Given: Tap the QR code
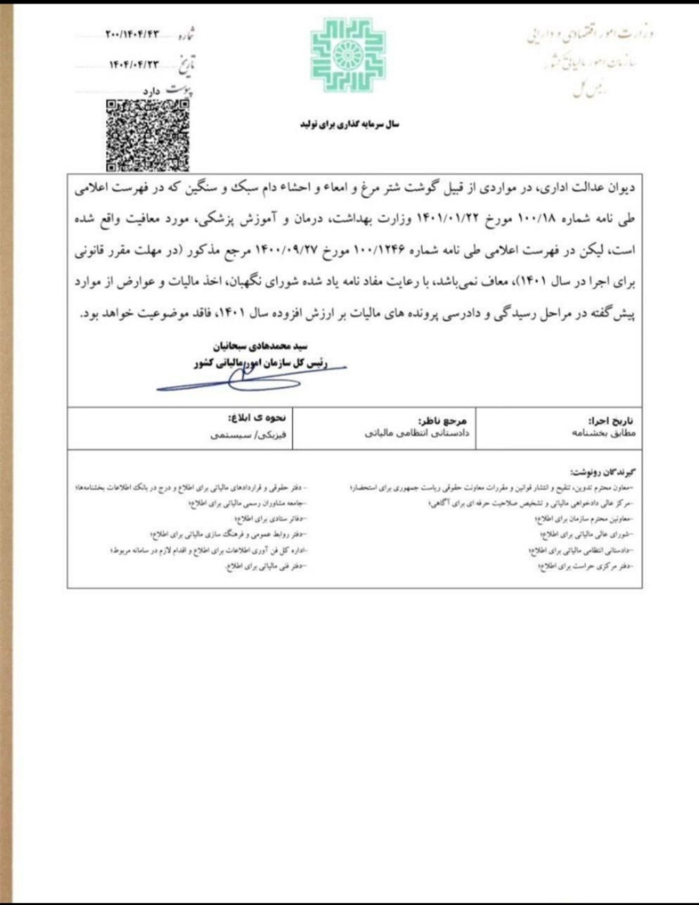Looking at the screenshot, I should point(135,135).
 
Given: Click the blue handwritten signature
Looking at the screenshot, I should point(239,379).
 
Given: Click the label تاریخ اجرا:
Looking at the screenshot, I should point(610,422).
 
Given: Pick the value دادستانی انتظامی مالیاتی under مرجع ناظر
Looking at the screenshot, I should point(420,435).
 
